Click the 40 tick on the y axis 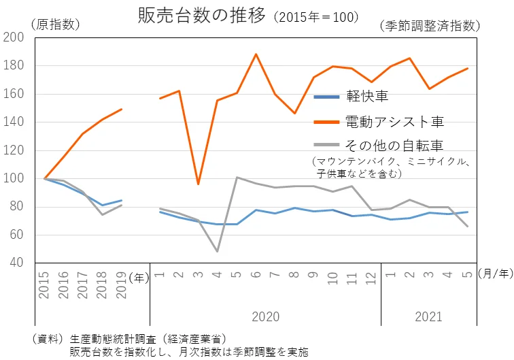pyautogui.click(x=16, y=263)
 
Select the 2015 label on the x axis pyautogui.click(x=44, y=286)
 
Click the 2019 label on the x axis pyautogui.click(x=122, y=286)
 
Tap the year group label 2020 pyautogui.click(x=266, y=316)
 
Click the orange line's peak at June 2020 pyautogui.click(x=256, y=54)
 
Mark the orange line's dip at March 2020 pyautogui.click(x=198, y=184)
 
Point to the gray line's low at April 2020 pyautogui.click(x=218, y=251)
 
